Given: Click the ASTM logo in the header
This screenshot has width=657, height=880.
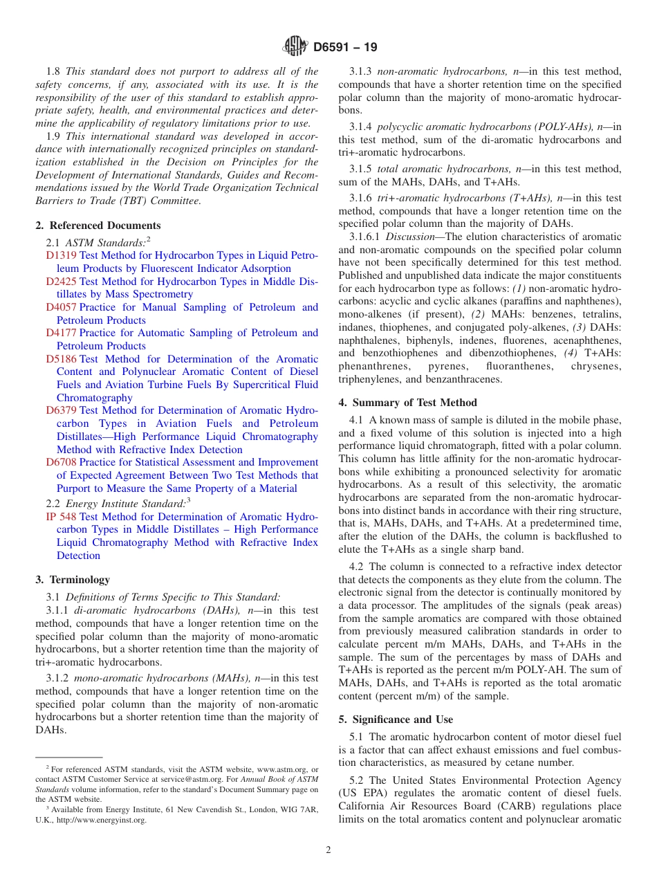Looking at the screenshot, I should coord(295,47).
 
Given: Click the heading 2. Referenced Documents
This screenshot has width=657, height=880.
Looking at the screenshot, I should coord(98,226).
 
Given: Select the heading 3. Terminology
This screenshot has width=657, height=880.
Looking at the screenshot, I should coord(73,580).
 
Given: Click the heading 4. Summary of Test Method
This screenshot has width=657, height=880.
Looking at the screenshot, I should coord(408,403).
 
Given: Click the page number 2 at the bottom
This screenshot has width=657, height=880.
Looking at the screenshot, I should coord(328,850).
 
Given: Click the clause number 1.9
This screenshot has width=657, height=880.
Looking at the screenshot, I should coord(53,136).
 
